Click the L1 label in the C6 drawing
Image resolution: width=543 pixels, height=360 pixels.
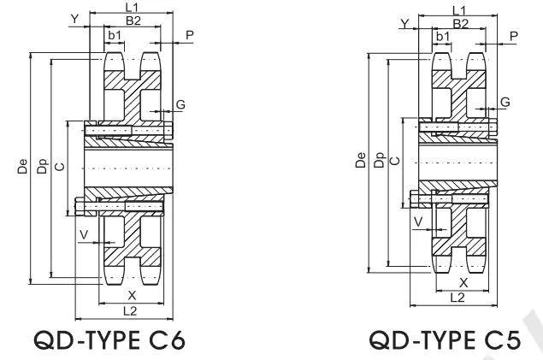[x=132, y=7]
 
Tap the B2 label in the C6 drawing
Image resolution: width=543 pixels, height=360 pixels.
[x=133, y=20]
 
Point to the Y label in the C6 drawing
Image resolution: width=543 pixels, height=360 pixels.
[x=74, y=18]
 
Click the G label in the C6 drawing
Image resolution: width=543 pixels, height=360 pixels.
[x=180, y=104]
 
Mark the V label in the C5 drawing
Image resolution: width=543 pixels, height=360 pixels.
[x=417, y=221]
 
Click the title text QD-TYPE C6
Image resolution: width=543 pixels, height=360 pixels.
[x=111, y=341]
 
